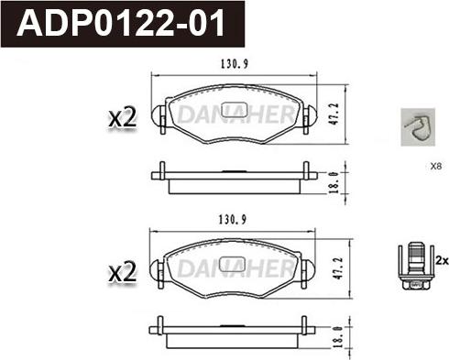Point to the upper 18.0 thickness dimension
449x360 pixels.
(x=335, y=180)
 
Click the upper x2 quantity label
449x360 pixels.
(x=122, y=117)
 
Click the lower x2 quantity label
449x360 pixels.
(x=122, y=272)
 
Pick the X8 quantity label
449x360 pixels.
(x=435, y=167)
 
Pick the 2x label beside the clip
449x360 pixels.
(x=441, y=261)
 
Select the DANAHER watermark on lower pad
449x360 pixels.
(x=235, y=267)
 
